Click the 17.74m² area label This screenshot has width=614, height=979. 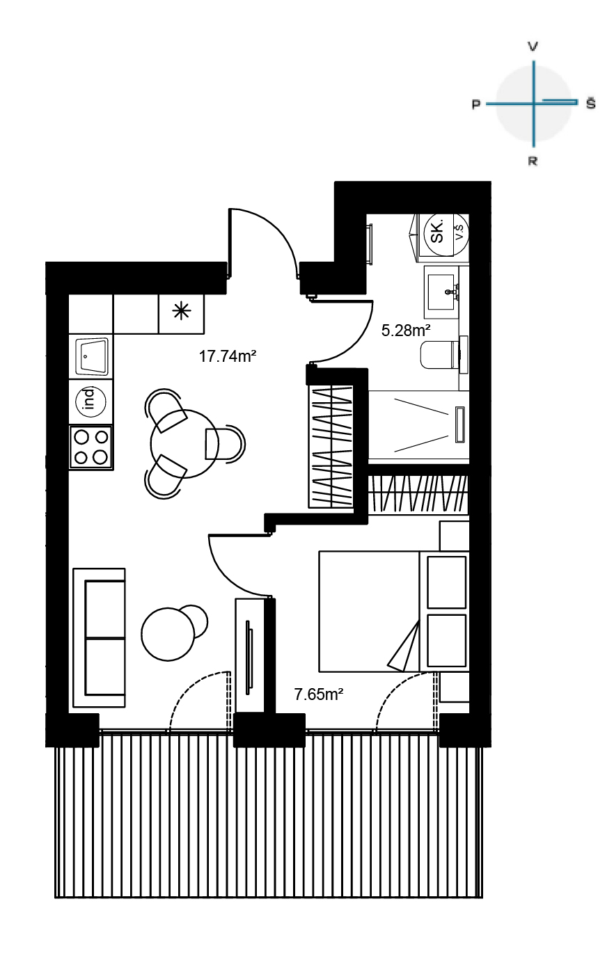coord(227,356)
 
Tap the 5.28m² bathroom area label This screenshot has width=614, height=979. coord(406,331)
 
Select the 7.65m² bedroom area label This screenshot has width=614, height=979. coord(318,694)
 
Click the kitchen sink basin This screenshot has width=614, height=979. coord(91,356)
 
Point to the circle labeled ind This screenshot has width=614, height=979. coord(91,402)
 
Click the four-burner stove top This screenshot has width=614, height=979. coord(91,447)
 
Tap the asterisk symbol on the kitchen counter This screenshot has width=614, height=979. coord(182,311)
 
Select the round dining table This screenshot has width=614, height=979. coord(184,444)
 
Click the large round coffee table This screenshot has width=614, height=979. coord(168,634)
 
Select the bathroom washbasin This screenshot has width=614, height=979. coord(441,292)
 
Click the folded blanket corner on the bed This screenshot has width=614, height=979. coord(404,647)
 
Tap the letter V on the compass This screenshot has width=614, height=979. coord(533,47)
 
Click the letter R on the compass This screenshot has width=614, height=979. coord(533,161)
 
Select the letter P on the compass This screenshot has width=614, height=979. coord(475,104)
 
